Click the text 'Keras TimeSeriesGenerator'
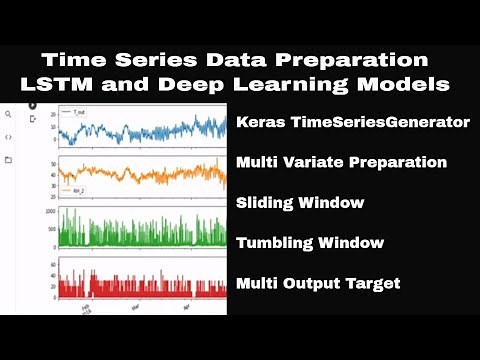point(353,124)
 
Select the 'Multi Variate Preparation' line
point(341,161)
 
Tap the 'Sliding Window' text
point(300,203)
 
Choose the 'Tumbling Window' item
point(310,242)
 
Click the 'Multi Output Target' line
point(318,284)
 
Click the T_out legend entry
point(73,113)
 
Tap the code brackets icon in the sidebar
point(9,137)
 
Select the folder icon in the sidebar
point(9,159)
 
